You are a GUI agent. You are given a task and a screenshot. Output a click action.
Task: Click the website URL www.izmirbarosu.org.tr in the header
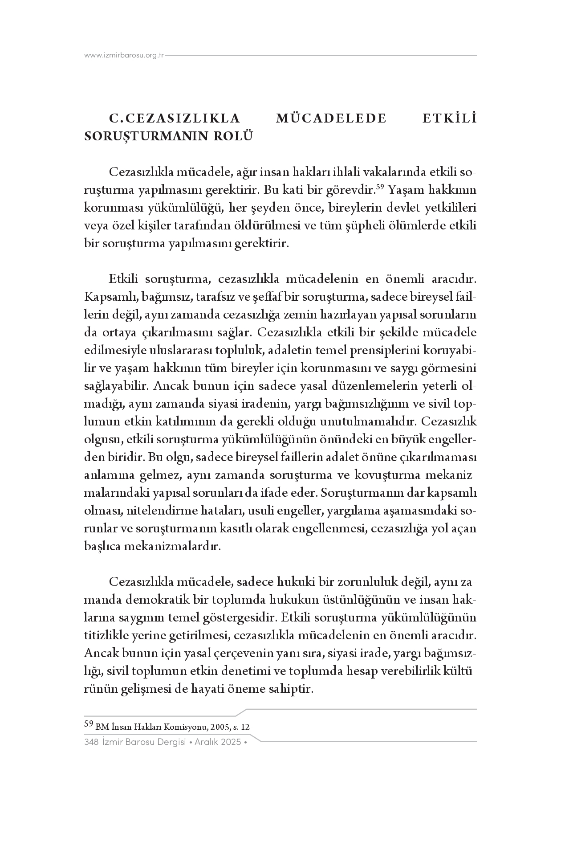point(124,56)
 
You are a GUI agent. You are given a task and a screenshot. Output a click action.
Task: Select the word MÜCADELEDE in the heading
point(331,119)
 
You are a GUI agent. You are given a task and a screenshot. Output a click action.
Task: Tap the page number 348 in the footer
point(91,742)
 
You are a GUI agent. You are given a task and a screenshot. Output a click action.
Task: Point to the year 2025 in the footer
point(231,742)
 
